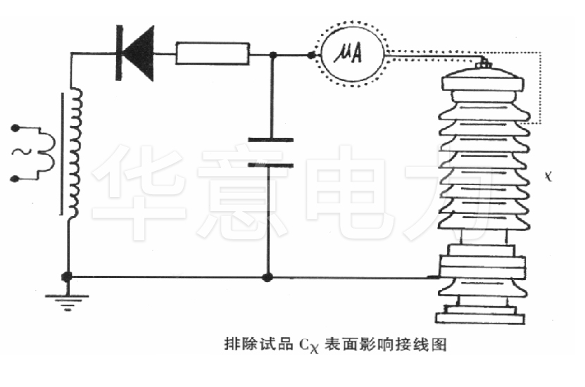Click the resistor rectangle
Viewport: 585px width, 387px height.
point(213,53)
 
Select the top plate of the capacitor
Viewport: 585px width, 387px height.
point(271,140)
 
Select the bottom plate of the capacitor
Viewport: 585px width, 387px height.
point(271,166)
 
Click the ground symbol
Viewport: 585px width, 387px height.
point(67,300)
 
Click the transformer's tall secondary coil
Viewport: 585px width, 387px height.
point(75,155)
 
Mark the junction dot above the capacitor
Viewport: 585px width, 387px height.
point(272,54)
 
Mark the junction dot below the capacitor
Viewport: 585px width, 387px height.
point(267,277)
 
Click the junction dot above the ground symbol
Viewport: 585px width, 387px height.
point(67,277)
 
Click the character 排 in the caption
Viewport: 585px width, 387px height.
point(230,344)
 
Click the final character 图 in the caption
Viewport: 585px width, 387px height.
point(441,344)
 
